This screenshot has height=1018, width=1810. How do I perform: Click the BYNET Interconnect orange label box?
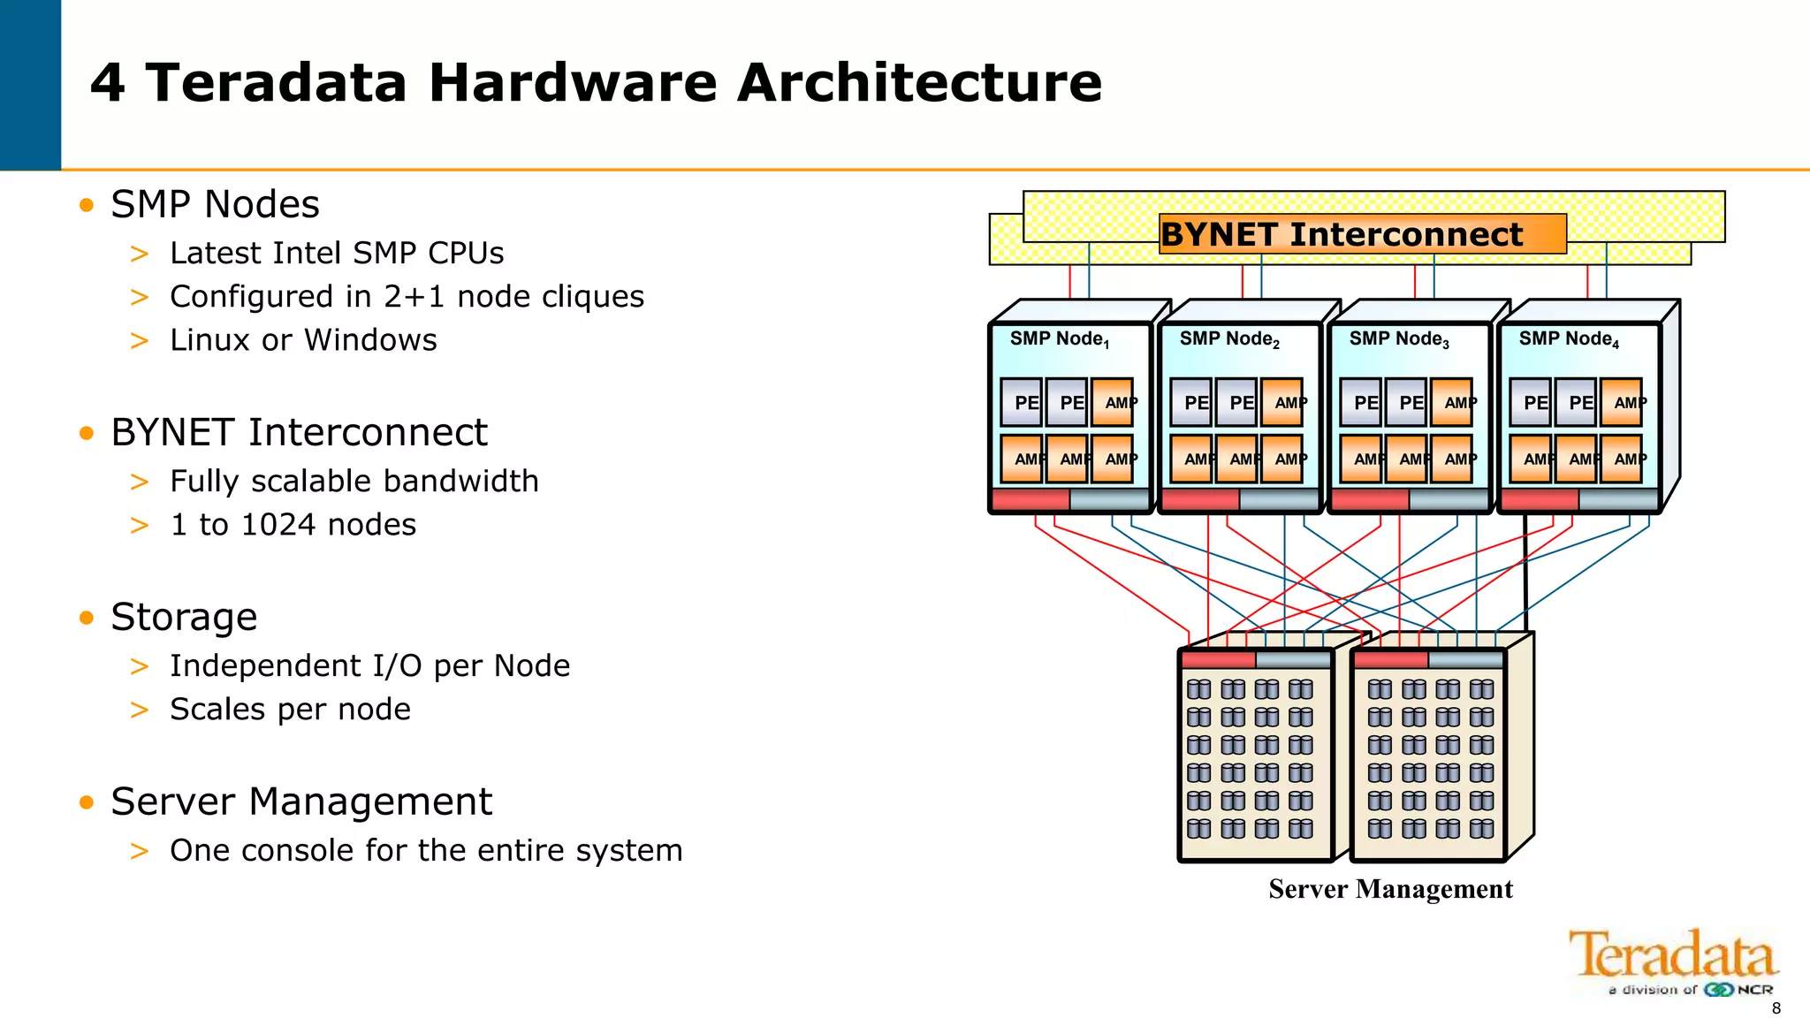[1362, 234]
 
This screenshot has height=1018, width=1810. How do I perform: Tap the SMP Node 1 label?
[1059, 339]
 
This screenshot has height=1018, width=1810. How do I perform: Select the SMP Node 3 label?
[1398, 339]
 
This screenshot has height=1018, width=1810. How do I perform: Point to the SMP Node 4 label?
[1568, 339]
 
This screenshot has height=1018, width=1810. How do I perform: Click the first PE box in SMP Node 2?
[1190, 402]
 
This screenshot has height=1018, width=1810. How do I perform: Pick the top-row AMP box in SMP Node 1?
[1113, 402]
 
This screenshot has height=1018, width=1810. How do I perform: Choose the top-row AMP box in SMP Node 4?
[1622, 402]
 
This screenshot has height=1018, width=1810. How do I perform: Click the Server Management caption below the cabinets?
[1390, 889]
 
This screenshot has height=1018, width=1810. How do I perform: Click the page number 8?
[1776, 1008]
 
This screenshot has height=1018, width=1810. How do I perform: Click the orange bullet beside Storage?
[86, 618]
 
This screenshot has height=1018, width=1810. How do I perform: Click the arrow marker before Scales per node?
[140, 710]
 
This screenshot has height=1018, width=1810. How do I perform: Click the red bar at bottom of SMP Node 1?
[1030, 500]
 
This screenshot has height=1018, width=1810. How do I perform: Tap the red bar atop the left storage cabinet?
[1218, 659]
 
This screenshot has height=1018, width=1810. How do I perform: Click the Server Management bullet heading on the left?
[300, 801]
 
